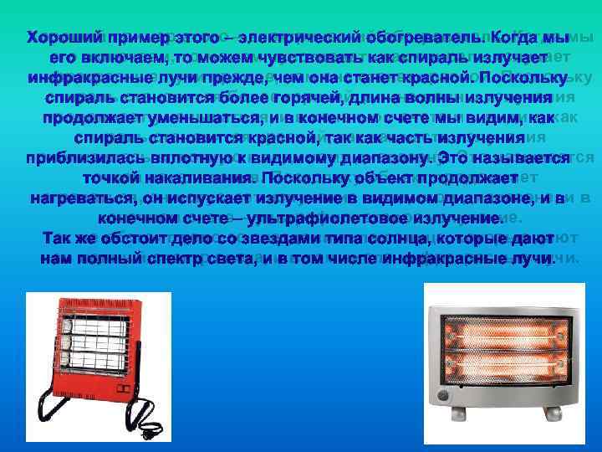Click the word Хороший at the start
[x=63, y=39]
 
